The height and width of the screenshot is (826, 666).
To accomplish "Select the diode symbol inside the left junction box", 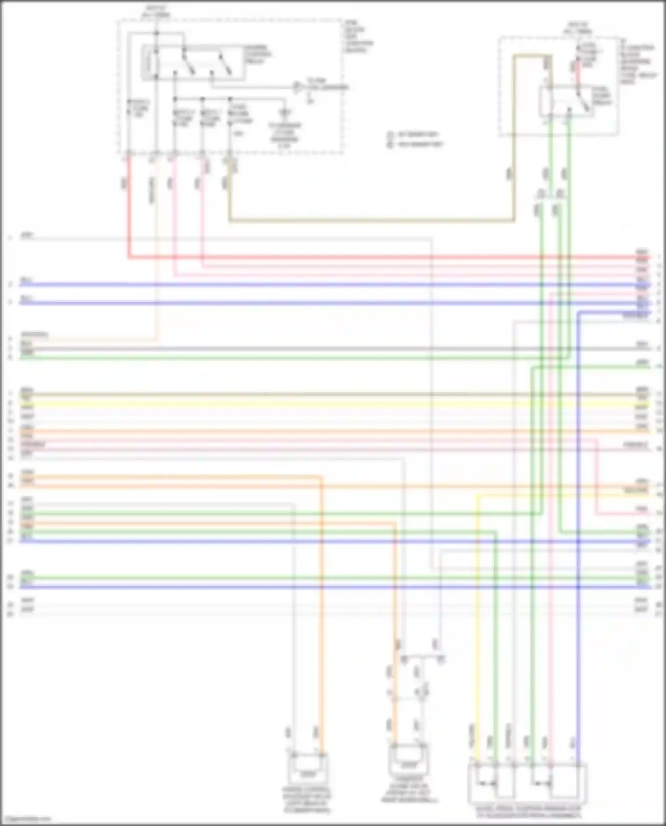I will point(285,113).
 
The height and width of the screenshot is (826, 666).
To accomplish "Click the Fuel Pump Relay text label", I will point(602,96).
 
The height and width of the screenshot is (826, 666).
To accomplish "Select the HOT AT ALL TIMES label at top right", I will point(578,28).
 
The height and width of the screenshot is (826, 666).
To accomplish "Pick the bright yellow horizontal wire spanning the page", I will point(329,404).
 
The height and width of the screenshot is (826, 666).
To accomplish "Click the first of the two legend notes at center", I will point(416,134).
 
